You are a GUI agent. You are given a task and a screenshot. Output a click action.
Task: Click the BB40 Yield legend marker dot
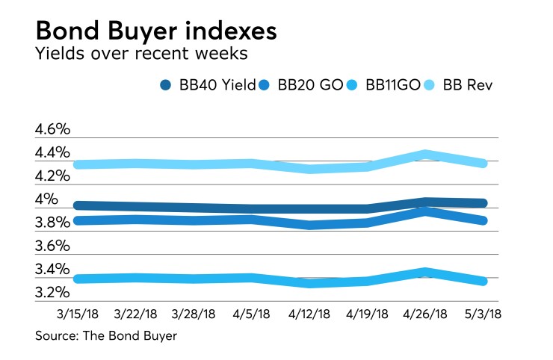click(167, 85)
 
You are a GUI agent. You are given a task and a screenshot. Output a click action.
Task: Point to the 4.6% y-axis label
click(52, 129)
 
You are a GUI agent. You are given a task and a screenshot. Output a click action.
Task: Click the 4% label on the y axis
click(46, 199)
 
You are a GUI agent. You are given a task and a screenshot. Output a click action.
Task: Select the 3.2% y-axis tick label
click(52, 292)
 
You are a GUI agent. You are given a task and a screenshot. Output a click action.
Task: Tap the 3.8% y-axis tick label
click(52, 223)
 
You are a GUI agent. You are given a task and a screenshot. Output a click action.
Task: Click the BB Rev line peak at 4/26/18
click(424, 155)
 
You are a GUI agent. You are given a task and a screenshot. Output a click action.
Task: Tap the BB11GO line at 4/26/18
click(424, 272)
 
